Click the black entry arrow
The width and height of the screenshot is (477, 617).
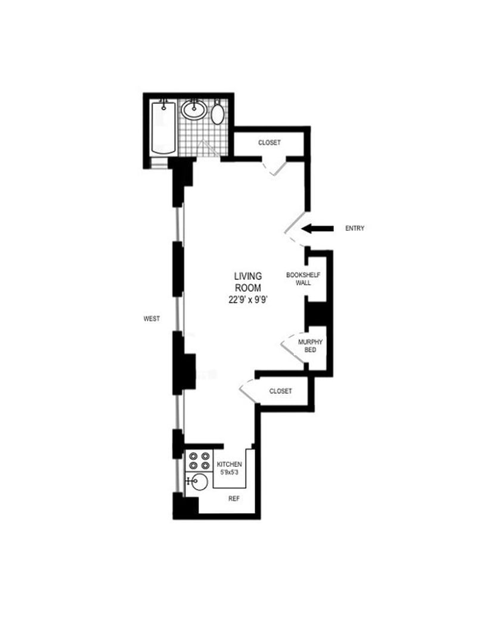click(317, 228)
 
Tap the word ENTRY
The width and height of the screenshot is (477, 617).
click(355, 228)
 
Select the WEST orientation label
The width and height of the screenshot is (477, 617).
click(151, 319)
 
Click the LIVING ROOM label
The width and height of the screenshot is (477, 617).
click(248, 282)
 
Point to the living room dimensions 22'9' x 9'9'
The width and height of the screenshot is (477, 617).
click(248, 300)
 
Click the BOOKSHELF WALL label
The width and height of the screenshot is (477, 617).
click(303, 279)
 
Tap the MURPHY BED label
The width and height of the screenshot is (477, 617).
click(310, 346)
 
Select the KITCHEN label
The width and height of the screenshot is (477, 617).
click(229, 465)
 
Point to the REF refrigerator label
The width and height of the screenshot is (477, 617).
click(234, 498)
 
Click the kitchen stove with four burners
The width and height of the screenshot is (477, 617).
click(199, 461)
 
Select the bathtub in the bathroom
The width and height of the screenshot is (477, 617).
click(163, 128)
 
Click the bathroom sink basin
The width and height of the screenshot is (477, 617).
click(194, 110)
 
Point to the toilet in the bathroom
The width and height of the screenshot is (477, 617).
click(217, 112)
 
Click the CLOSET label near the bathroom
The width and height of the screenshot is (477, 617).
click(270, 142)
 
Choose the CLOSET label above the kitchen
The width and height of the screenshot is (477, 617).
click(280, 391)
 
